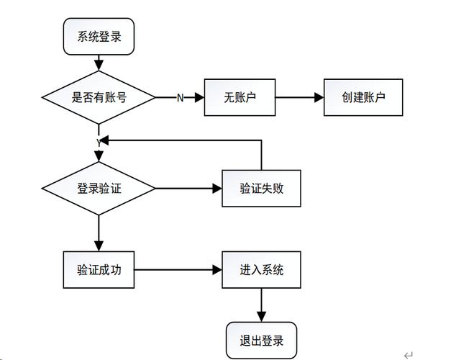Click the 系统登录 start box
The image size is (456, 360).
pos(99,37)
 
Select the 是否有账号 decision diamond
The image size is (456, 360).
pos(99,97)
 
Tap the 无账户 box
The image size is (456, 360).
pos(240,97)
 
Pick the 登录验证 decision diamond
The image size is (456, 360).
pos(99,189)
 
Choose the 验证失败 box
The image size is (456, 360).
pos(261,189)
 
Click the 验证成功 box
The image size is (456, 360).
pos(99,270)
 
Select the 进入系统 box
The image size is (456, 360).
pos(261,270)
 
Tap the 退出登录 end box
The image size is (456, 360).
pos(261,341)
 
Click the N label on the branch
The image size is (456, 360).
pos(180,98)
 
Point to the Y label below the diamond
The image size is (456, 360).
pos(99,143)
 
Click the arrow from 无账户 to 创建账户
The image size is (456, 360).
pos(299,97)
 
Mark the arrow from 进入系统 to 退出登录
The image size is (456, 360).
pos(261,305)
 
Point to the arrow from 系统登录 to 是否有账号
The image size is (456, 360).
pos(99,63)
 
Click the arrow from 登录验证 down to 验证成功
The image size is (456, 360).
pos(99,233)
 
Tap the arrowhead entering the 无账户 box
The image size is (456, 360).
pos(199,97)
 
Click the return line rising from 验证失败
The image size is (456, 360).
pos(261,155)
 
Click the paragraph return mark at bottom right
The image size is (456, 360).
pos(409,354)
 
